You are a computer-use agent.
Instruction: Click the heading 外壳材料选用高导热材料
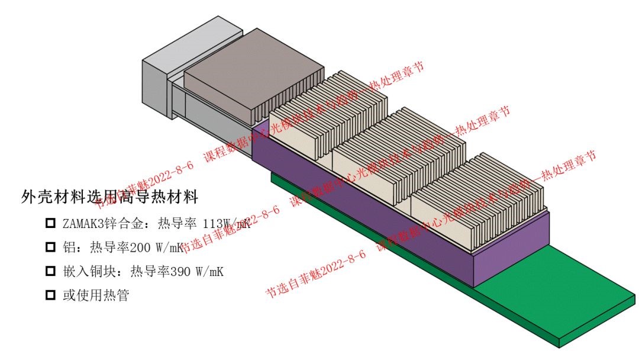click(x=109, y=197)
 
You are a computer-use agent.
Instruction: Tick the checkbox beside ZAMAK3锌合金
click(x=50, y=224)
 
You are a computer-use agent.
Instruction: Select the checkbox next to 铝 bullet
click(x=50, y=247)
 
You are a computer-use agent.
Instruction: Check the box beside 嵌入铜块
click(x=50, y=271)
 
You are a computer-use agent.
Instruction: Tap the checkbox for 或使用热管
click(x=50, y=294)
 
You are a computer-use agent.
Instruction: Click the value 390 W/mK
click(x=197, y=271)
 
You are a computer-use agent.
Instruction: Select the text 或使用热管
click(x=95, y=295)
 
